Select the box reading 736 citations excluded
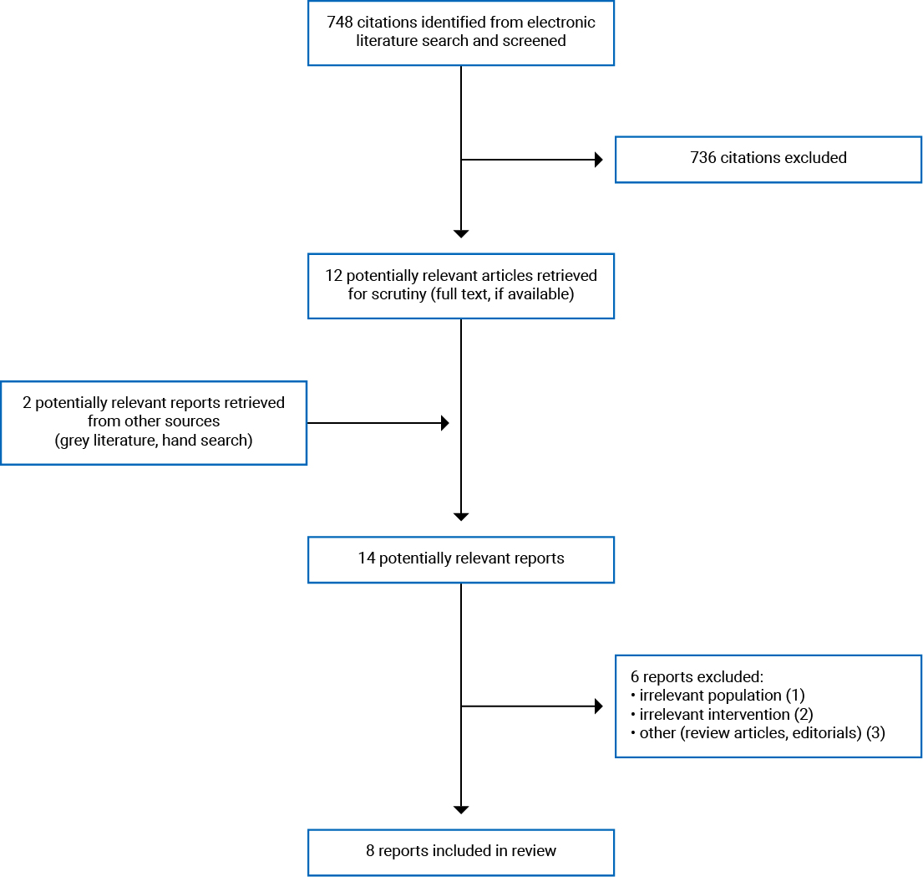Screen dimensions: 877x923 [x=768, y=159]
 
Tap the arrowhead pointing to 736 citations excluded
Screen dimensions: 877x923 [x=598, y=160]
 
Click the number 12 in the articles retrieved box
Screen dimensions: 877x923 [x=334, y=276]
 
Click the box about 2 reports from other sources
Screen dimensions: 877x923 [x=154, y=422]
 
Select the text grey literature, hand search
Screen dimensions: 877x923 [x=154, y=440]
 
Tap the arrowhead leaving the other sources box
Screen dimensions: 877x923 [x=445, y=423]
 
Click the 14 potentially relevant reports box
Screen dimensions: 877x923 [x=461, y=559]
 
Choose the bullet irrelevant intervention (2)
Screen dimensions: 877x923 [x=722, y=714]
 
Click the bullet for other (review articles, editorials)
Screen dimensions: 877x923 [x=757, y=733]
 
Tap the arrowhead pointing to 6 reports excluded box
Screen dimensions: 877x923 [x=598, y=706]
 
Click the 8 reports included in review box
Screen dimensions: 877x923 [x=461, y=852]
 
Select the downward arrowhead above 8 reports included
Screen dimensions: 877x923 [x=461, y=809]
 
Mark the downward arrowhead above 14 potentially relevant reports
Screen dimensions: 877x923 [x=461, y=517]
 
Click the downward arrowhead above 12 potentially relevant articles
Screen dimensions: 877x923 [x=461, y=233]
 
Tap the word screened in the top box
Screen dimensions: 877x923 [x=535, y=41]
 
